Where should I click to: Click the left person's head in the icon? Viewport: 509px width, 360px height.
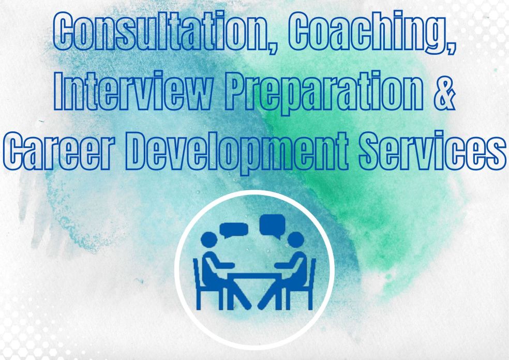[209, 240]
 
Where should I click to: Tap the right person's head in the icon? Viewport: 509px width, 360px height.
[296, 240]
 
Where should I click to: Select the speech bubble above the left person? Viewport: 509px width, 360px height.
[234, 230]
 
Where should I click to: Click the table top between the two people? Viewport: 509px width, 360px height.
[254, 276]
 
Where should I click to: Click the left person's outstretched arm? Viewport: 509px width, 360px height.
[221, 264]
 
